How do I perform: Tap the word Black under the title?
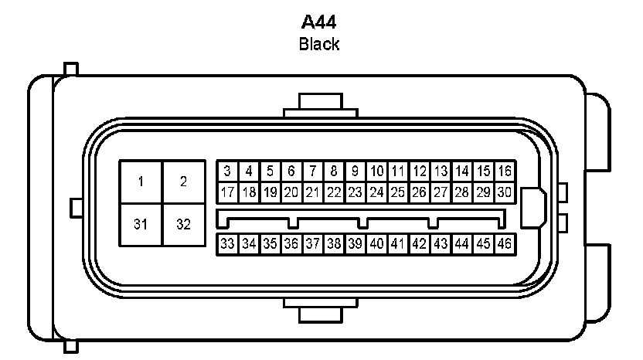319,44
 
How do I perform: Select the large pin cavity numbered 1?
141,182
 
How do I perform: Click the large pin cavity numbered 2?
184,182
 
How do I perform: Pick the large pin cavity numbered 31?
141,225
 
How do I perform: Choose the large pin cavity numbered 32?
184,225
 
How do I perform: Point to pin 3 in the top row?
227,171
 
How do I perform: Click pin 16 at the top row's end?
505,171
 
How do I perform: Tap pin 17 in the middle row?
227,192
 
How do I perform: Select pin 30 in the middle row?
505,192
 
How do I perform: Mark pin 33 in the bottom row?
227,244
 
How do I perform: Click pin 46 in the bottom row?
505,244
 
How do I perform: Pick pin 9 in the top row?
356,171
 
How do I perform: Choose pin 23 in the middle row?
356,192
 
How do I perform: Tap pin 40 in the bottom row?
377,244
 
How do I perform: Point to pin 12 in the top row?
420,171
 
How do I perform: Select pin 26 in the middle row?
420,192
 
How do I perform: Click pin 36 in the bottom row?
291,244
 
